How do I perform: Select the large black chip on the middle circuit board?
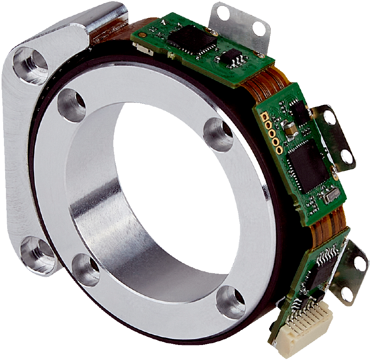(307, 165)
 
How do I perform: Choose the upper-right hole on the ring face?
(218, 134)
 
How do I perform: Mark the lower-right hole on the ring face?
(230, 302)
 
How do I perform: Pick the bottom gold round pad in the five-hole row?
(279, 150)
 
